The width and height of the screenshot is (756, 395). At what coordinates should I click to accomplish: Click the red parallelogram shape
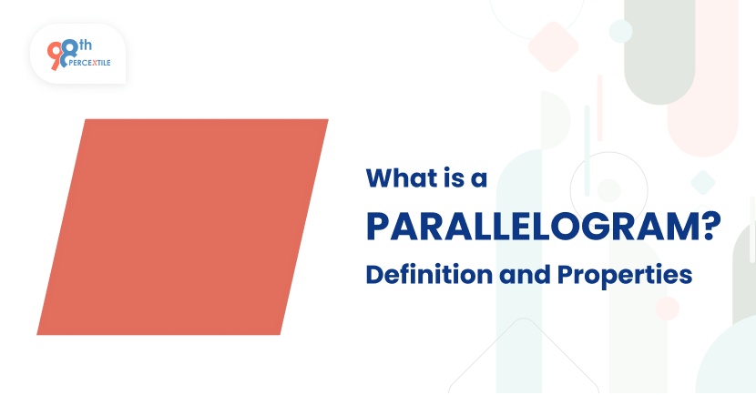pos(182,227)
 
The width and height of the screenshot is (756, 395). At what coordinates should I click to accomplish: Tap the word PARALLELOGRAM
pos(528,226)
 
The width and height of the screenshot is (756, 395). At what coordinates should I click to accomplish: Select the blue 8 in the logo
pos(69,52)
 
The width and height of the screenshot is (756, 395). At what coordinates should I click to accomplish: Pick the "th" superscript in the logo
pos(87,44)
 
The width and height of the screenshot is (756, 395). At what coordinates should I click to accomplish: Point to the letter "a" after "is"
pos(479,179)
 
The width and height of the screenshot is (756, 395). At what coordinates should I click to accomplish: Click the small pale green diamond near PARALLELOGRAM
pos(702,182)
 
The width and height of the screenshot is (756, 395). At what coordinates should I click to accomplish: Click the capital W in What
pos(380,178)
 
